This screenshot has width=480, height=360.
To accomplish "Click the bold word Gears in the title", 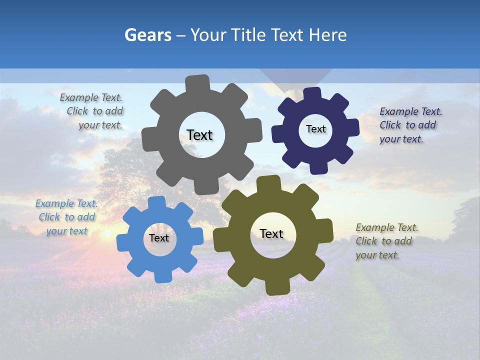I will click(147, 35).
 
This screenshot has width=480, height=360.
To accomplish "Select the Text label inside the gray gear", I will click(199, 135).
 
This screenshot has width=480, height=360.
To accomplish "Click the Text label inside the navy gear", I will click(315, 129).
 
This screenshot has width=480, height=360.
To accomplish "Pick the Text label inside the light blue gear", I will click(159, 238).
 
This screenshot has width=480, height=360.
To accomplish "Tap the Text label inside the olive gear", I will click(271, 233).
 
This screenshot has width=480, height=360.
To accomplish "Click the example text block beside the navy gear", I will click(410, 125).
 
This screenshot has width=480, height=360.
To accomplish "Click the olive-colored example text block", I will click(386, 241).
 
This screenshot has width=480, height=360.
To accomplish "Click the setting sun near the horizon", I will click(107, 234).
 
